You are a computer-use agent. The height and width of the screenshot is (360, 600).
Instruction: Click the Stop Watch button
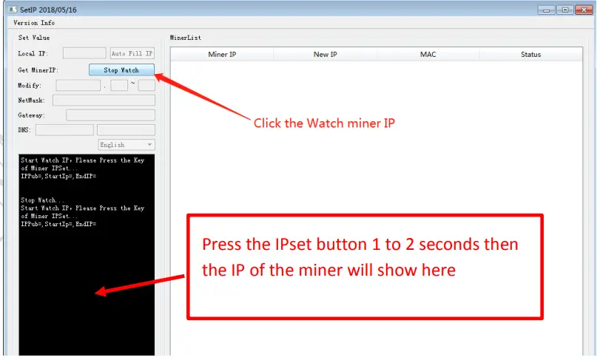tap(121, 70)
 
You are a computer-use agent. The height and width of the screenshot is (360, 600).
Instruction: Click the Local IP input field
tap(84, 53)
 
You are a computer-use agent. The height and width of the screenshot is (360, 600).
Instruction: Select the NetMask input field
tap(104, 100)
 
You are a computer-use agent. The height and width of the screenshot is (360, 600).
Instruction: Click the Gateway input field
tap(110, 115)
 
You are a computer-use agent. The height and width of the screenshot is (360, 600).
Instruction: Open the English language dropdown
tap(127, 145)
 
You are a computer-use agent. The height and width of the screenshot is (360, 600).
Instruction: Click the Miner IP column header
tap(222, 54)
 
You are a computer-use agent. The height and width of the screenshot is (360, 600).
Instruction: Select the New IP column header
tap(326, 54)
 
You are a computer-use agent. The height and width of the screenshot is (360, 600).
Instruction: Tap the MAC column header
tap(428, 54)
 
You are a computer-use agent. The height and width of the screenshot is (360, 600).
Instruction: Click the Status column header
tap(530, 54)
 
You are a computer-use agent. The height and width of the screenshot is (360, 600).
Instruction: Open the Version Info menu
tap(34, 23)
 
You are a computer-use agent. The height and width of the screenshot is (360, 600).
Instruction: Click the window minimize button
tap(547, 10)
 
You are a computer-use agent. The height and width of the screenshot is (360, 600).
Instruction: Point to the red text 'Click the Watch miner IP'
tap(324, 123)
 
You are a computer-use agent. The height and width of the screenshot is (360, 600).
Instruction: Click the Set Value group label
tap(35, 37)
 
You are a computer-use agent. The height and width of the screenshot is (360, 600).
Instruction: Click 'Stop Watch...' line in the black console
tap(43, 200)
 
